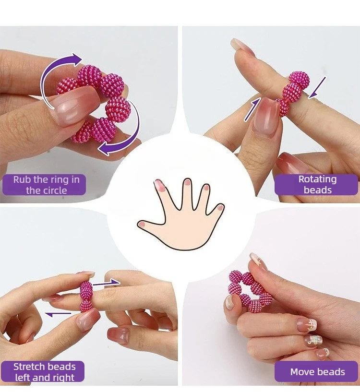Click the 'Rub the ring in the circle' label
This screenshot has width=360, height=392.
tap(44, 185)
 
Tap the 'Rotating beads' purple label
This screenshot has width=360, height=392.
tap(316, 185)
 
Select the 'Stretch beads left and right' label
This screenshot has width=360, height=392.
tap(43, 371)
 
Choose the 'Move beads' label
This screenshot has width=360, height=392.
tap(316, 371)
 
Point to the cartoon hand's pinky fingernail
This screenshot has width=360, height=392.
tap(220, 207)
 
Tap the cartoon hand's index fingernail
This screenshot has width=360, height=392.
tap(158, 185)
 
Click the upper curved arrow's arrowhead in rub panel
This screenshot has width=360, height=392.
tap(77, 59)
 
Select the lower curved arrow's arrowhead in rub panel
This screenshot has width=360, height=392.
tap(103, 149)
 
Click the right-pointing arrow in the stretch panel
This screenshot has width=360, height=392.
tap(107, 284)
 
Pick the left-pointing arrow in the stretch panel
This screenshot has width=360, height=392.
tap(58, 314)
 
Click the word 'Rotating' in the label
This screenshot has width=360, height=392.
tap(317, 179)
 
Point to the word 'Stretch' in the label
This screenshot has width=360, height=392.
tap(29, 367)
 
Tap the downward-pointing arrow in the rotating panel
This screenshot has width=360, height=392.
tap(317, 87)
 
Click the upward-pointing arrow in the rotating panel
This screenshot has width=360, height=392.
tap(252, 109)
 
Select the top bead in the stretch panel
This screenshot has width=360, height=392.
tap(86, 290)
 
